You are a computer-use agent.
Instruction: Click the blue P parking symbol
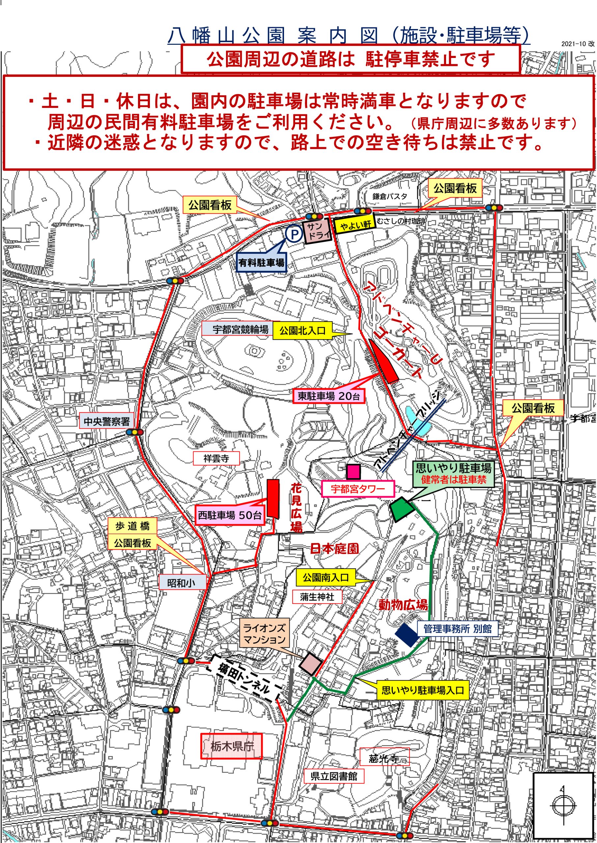pos(294,233)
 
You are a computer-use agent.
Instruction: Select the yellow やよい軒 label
pos(355,225)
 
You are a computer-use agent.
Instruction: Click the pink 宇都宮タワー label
pos(358,489)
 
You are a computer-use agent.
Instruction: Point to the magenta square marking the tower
pos(353,472)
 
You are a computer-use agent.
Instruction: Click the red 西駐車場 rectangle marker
pos(273,499)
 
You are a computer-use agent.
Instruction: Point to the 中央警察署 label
pos(107,421)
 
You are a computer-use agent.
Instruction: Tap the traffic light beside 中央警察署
pos(134,432)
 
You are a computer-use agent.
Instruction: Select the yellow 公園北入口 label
pos(302,331)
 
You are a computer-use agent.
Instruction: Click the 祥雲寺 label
pos(216,458)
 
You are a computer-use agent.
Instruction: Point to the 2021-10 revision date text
pos(578,43)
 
